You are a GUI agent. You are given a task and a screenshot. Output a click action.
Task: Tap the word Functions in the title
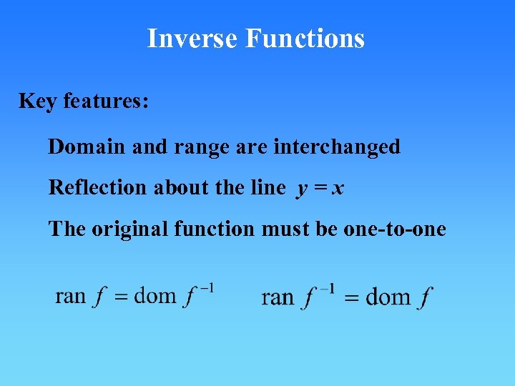(x=305, y=38)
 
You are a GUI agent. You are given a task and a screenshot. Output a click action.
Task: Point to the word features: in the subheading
(x=106, y=102)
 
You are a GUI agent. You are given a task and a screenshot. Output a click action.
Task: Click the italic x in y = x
(x=338, y=189)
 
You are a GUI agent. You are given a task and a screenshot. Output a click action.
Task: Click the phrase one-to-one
(x=405, y=229)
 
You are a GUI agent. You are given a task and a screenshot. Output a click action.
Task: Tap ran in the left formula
(x=70, y=296)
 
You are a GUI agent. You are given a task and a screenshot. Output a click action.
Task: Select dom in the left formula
(x=154, y=296)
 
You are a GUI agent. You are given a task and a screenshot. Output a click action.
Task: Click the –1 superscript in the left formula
(x=207, y=288)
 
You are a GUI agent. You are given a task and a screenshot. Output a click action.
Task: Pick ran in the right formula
(x=278, y=297)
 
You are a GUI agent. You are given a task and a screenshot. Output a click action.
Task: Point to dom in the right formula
(x=388, y=297)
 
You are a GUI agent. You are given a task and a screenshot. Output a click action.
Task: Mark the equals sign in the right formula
(x=351, y=299)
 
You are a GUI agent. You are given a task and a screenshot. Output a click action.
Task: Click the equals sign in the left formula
(x=121, y=297)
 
